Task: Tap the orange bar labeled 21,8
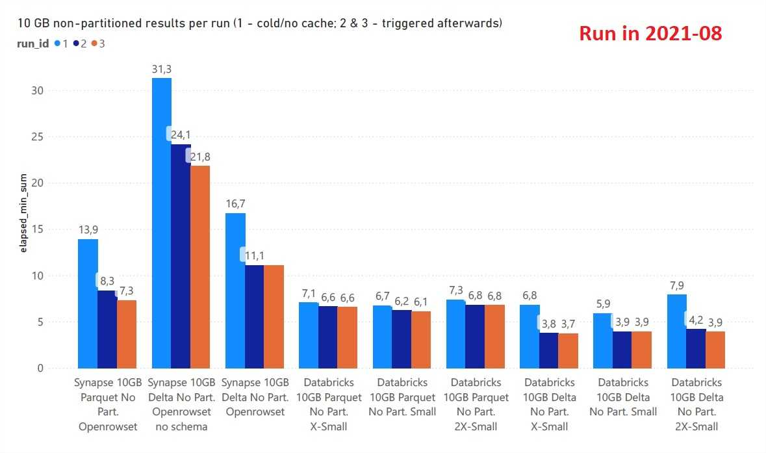(200, 266)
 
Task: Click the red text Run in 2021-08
(650, 34)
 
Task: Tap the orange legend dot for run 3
(94, 44)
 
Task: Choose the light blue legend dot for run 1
(57, 44)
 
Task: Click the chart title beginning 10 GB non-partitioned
(254, 23)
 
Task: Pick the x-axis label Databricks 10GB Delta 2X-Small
(696, 404)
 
